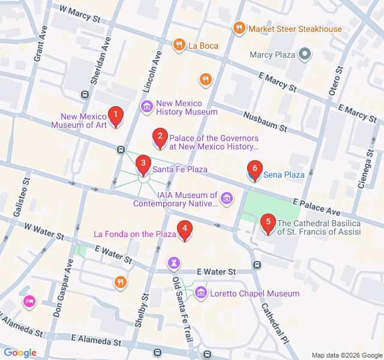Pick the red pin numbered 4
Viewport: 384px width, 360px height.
pyautogui.click(x=185, y=230)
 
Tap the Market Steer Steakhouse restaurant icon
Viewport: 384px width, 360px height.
pyautogui.click(x=239, y=28)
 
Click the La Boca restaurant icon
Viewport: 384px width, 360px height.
pyautogui.click(x=179, y=45)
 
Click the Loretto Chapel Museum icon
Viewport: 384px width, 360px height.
pyautogui.click(x=200, y=293)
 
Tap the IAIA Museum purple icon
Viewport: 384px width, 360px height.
pyautogui.click(x=226, y=198)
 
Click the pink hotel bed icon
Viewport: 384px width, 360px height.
pyautogui.click(x=28, y=301)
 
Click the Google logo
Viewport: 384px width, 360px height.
pyautogui.click(x=20, y=353)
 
